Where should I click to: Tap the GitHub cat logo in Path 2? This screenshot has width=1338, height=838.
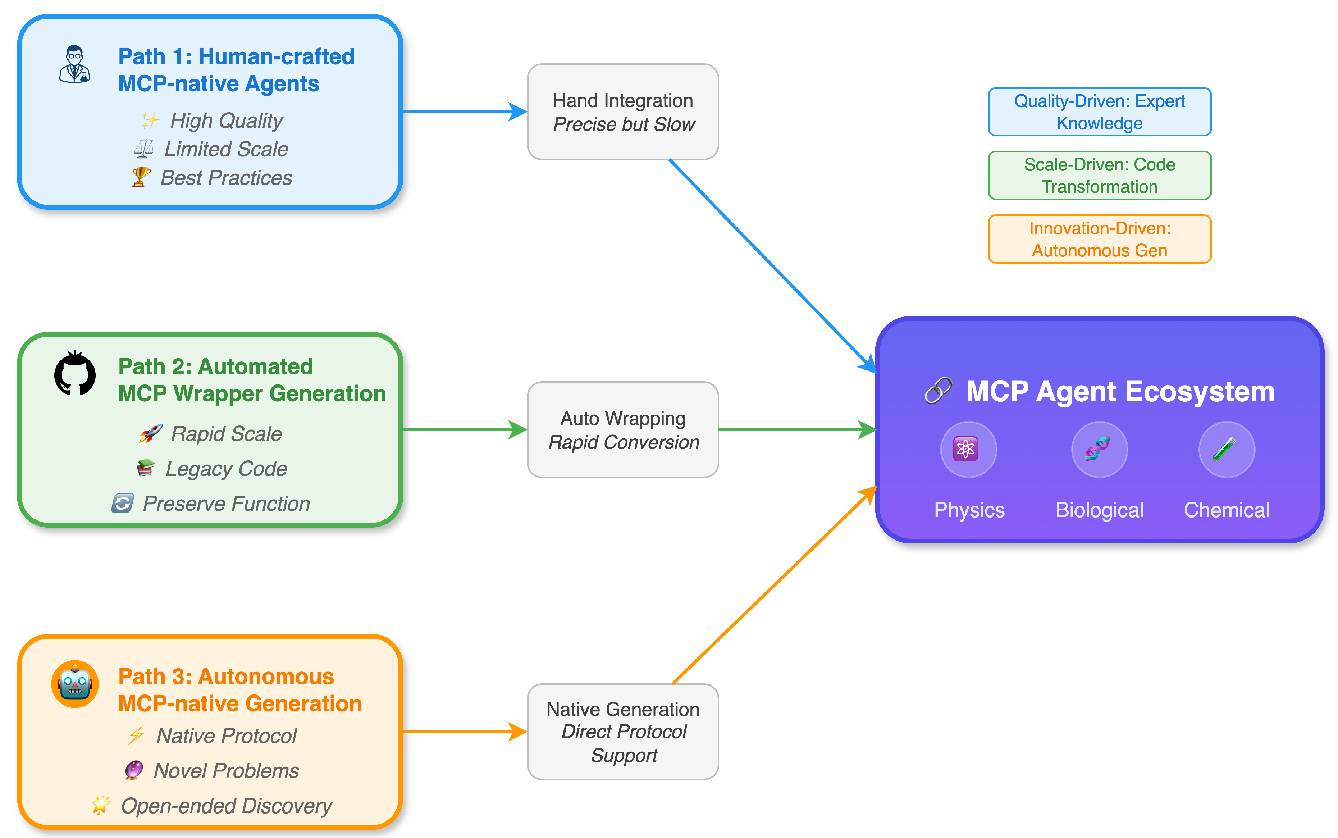click(x=75, y=374)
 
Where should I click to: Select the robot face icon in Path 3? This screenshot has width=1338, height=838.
click(x=75, y=684)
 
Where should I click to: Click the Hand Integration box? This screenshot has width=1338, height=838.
click(x=623, y=112)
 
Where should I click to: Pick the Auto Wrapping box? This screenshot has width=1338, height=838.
click(x=623, y=429)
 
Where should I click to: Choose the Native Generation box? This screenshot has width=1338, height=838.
click(x=623, y=732)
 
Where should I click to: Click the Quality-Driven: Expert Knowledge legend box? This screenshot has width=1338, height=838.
click(x=1099, y=111)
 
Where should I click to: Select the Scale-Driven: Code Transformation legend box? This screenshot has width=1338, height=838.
click(x=1099, y=175)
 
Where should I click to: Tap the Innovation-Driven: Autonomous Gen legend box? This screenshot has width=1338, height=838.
click(x=1099, y=239)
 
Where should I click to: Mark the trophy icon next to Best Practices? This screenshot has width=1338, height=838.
click(x=141, y=177)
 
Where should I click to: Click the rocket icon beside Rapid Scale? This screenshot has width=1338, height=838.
click(x=150, y=433)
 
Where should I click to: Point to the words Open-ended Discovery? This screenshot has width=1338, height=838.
click(x=226, y=806)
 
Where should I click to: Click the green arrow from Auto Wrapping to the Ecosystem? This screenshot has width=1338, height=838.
click(x=792, y=429)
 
